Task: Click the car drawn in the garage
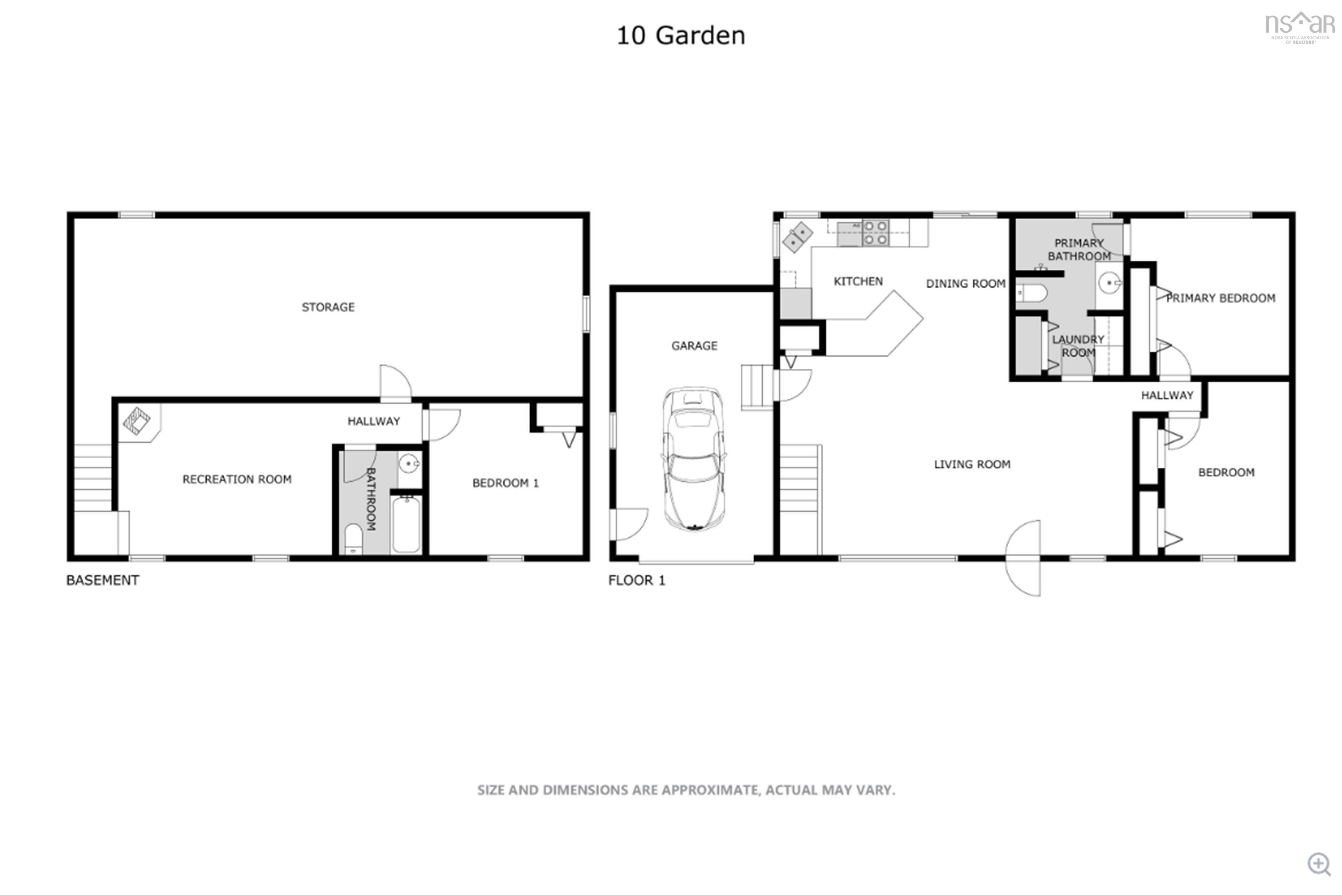coord(693,459)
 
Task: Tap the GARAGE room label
coord(694,346)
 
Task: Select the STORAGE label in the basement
coord(328,307)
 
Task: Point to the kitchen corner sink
coord(797,236)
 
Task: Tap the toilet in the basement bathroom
coord(353,539)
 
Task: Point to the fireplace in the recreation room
coord(137,421)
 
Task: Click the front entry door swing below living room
coord(1023,558)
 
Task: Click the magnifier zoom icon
coord(1319,864)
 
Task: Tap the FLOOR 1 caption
coord(636,580)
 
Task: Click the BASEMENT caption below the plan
coord(103,580)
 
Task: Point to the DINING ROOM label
coord(965,284)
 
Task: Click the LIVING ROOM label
coord(972,465)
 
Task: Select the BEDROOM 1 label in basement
coord(505,483)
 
